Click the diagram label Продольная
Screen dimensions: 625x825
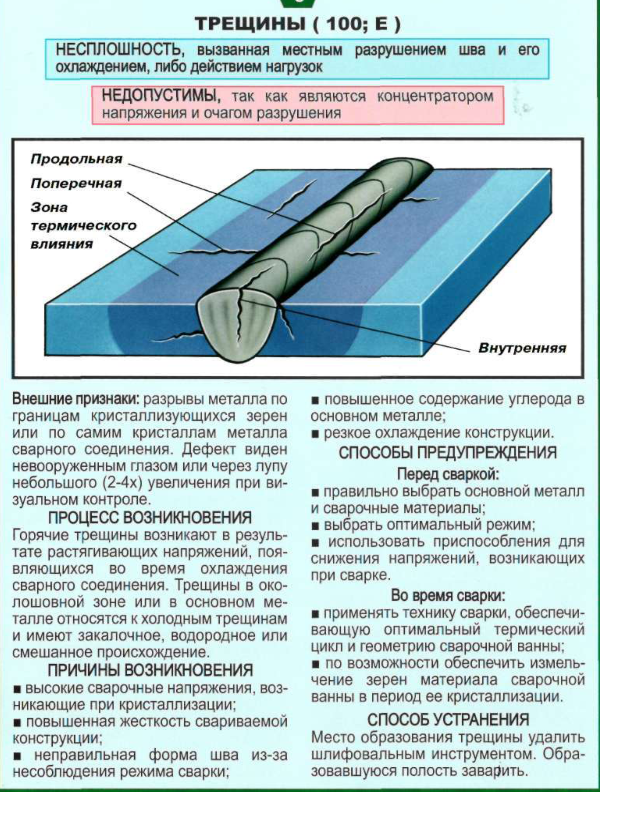tap(76, 159)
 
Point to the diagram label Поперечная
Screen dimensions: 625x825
tap(76, 184)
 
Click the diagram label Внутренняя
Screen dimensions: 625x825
tap(522, 348)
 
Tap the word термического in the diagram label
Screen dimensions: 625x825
tap(84, 226)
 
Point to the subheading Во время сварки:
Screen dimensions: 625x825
tap(448, 596)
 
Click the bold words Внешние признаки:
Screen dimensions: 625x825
tap(76, 399)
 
